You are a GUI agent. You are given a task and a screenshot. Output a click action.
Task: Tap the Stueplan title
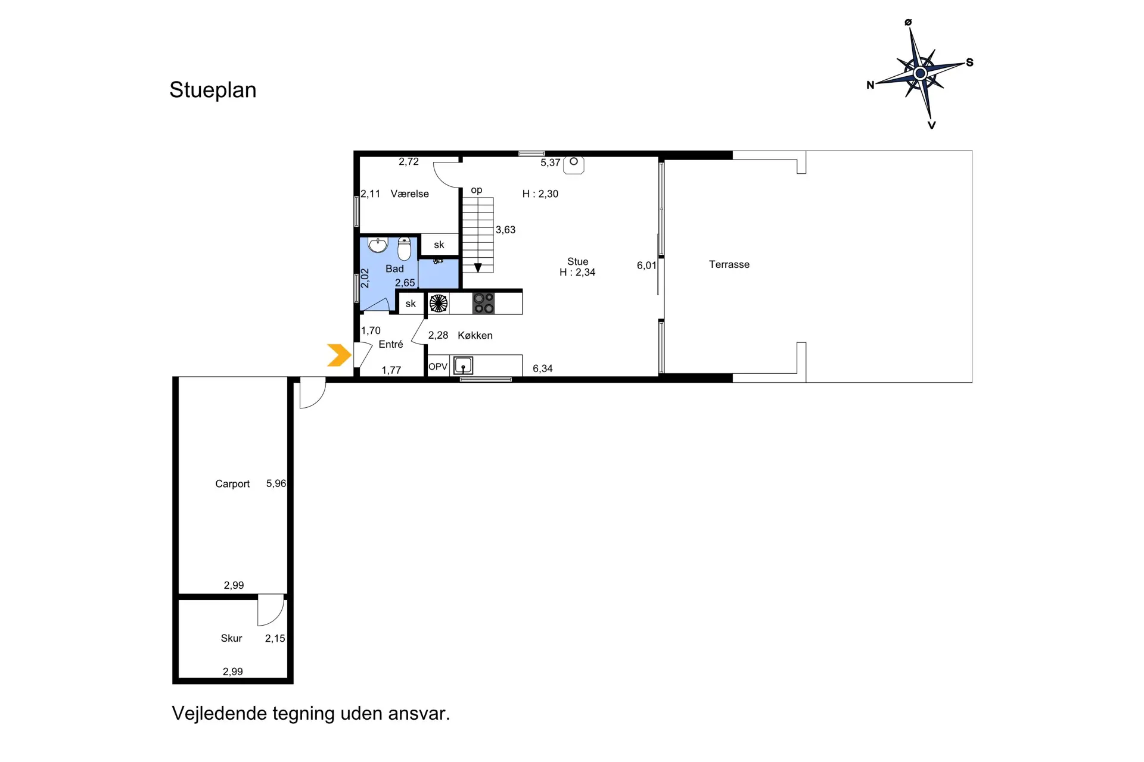213,90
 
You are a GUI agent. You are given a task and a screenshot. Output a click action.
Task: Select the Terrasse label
729,264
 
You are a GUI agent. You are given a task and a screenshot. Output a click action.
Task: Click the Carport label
232,484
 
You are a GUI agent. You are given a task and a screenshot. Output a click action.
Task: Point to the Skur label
231,638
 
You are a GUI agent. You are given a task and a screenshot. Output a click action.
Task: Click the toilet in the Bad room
405,248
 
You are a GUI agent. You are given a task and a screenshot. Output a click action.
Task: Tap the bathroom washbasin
378,244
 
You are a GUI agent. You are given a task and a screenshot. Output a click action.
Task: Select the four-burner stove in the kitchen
483,303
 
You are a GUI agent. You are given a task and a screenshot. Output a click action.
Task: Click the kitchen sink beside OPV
463,366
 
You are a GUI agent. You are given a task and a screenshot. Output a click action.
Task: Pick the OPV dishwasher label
438,367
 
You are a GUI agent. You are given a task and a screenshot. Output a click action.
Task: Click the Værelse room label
409,193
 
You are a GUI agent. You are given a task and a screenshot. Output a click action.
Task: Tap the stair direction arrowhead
478,268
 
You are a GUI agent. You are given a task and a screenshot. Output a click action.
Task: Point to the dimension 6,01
646,266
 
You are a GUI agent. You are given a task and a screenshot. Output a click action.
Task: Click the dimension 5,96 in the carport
276,483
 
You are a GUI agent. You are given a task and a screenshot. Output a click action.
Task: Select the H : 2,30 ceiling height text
540,193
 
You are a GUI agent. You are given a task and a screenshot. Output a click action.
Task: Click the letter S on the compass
969,63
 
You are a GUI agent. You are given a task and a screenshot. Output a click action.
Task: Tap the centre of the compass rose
920,74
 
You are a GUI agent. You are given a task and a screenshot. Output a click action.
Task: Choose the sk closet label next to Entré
411,304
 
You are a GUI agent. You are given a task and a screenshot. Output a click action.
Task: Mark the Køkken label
475,335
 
